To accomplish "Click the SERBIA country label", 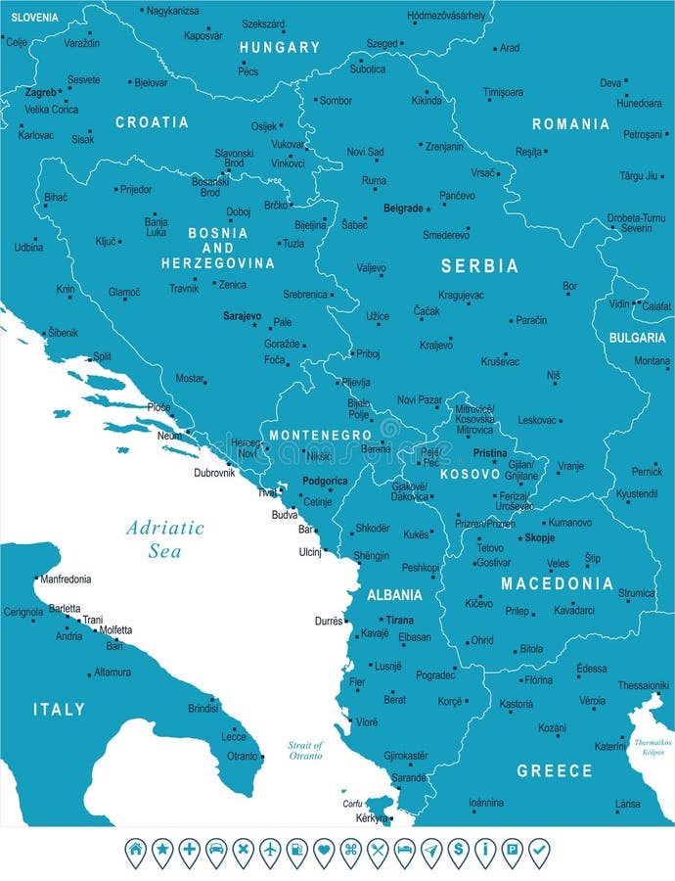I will [478, 266].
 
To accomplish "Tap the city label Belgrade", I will [403, 209].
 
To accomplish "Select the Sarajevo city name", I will [242, 317].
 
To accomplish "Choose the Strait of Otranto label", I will [305, 751].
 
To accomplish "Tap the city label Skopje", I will [539, 538].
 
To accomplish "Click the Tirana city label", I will [399, 620].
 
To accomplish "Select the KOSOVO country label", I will [470, 474].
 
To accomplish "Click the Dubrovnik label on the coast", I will [214, 473].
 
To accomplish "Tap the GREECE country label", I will [555, 771].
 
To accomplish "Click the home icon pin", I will [136, 850].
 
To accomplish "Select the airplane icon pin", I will [270, 850].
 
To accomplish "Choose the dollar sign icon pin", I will [458, 850].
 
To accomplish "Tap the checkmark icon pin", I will [538, 850].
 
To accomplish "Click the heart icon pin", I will [324, 850].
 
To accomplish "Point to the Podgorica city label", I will [325, 481].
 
